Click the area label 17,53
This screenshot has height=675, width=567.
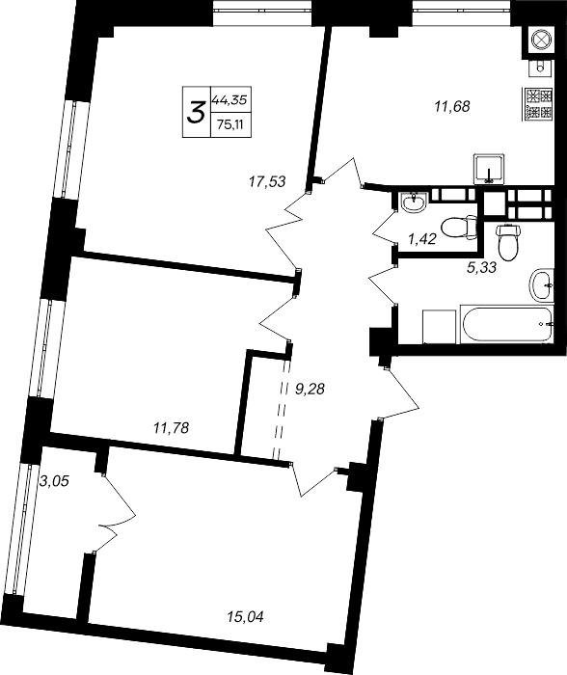coord(267,178)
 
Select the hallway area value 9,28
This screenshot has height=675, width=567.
coord(310,390)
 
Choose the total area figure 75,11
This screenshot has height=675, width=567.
coord(229,123)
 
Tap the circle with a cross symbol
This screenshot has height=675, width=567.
coord(537,40)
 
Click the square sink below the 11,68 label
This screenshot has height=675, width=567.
coord(489,169)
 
